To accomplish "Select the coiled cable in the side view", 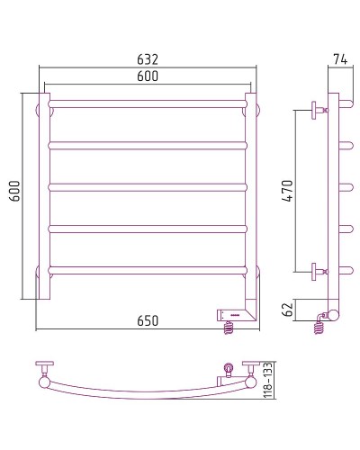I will pyautogui.click(x=319, y=328).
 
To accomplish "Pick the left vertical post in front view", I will pyautogui.click(x=43, y=193).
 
